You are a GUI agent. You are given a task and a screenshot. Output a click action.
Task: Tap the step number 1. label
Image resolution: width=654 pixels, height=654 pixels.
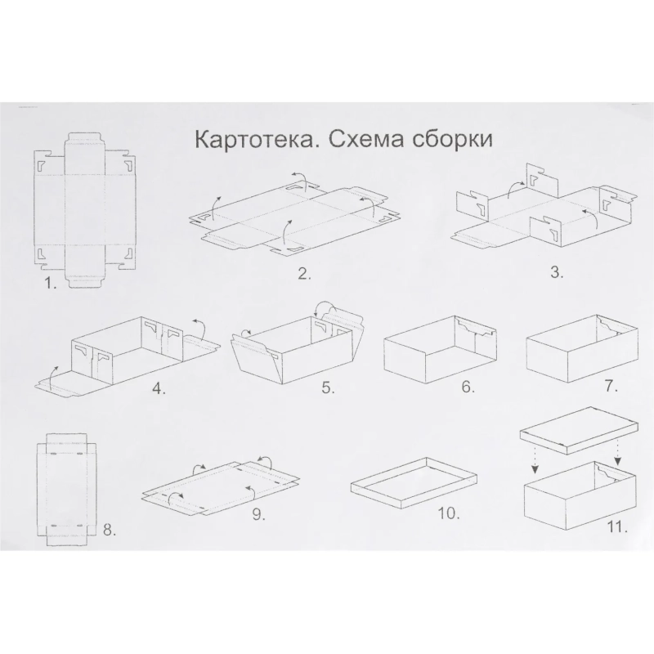point(52,284)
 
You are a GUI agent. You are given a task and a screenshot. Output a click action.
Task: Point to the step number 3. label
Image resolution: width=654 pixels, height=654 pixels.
point(557,274)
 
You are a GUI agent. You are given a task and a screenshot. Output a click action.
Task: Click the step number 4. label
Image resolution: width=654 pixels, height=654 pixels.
point(159,388)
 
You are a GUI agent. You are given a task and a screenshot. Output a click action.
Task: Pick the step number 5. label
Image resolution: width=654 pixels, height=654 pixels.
point(328,388)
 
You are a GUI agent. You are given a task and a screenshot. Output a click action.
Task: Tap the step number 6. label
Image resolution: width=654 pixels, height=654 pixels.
point(468,387)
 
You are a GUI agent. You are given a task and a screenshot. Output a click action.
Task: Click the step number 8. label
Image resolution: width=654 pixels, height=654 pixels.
point(110,530)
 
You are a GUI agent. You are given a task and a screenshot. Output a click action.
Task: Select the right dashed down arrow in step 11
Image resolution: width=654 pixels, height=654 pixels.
point(618,455)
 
